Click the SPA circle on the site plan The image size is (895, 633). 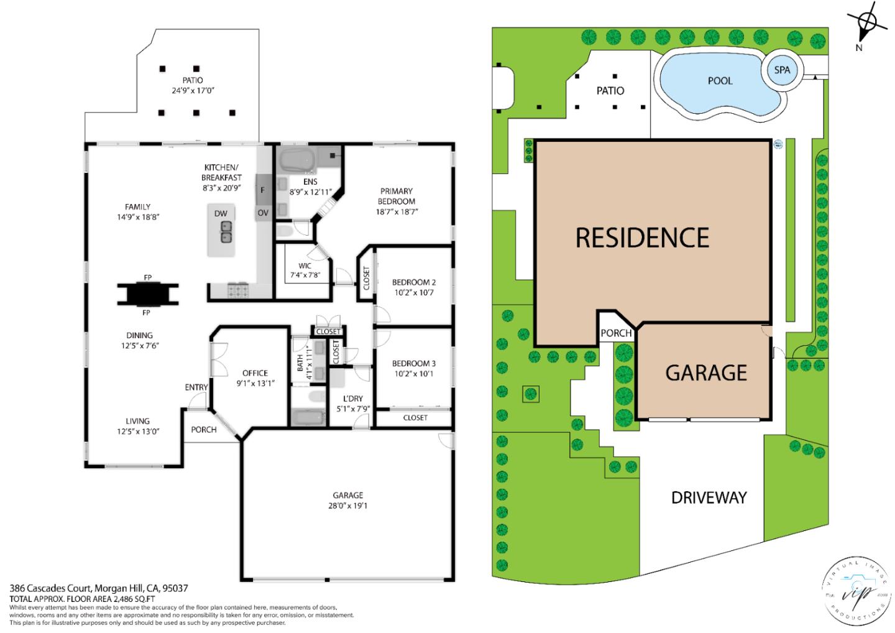tap(782, 70)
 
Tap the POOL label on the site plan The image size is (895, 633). tap(720, 81)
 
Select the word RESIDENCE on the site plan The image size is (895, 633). tap(642, 238)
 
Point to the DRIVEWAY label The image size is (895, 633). tap(709, 497)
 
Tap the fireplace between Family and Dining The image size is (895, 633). tap(148, 295)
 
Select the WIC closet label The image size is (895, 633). tap(305, 266)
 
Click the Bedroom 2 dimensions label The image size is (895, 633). tap(413, 292)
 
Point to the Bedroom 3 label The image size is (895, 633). tap(413, 364)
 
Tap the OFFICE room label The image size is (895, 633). tap(255, 373)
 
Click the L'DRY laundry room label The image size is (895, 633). tap(352, 399)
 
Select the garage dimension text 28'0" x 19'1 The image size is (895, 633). tap(347, 506)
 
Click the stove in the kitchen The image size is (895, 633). tap(238, 289)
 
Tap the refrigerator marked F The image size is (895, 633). tap(262, 190)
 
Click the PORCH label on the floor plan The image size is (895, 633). tap(203, 430)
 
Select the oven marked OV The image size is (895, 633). tap(262, 213)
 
